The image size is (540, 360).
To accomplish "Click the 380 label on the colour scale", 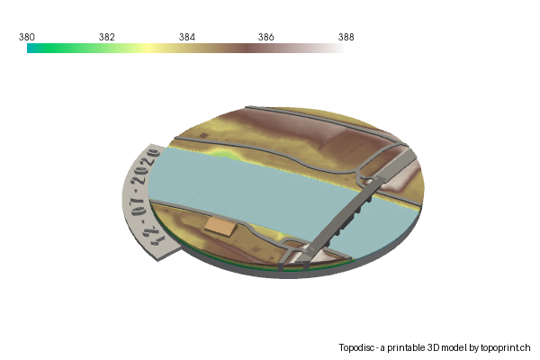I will [x=27, y=37].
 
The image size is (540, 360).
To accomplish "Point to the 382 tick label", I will [x=106, y=37].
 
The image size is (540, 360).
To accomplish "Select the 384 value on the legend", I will [x=186, y=37].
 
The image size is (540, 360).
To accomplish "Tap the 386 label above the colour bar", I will [x=265, y=37].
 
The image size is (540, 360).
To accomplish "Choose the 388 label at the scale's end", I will [x=346, y=37].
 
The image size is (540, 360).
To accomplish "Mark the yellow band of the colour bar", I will [x=144, y=49].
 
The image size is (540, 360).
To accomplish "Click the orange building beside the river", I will [x=219, y=226].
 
